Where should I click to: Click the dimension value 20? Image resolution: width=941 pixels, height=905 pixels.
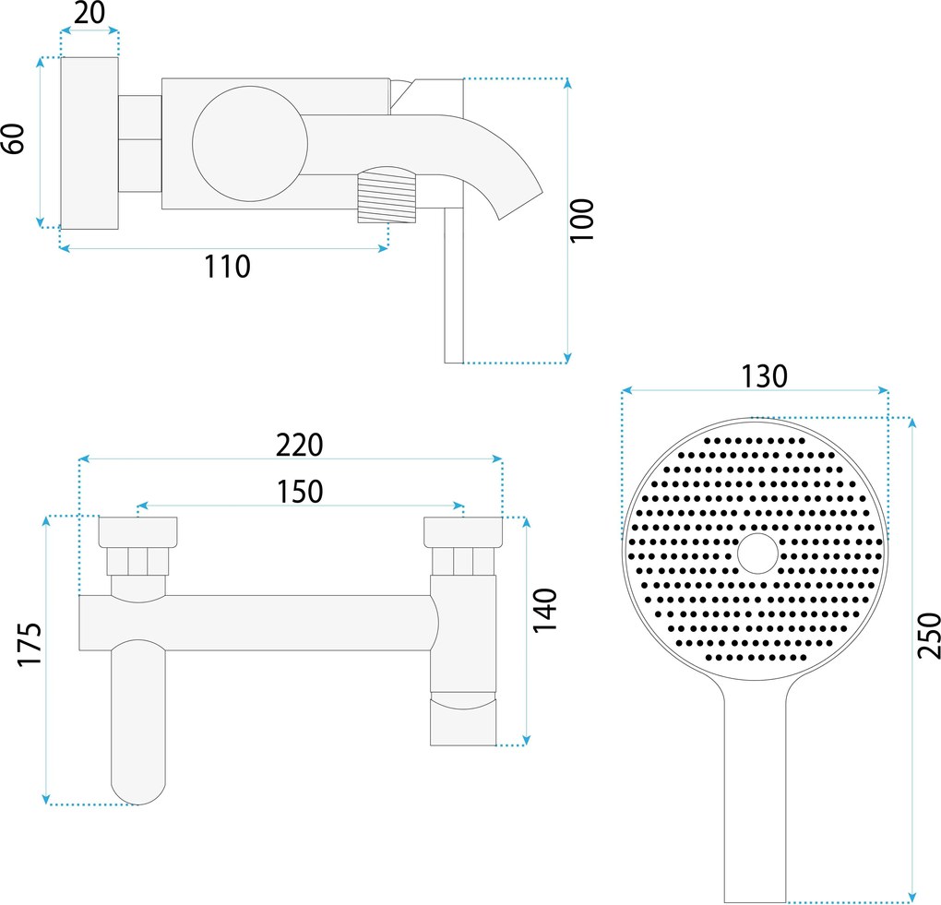[89, 13]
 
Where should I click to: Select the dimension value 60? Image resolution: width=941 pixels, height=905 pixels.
[13, 138]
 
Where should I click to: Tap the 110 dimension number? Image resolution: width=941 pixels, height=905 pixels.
[227, 267]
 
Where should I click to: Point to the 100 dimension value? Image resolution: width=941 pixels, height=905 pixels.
[581, 220]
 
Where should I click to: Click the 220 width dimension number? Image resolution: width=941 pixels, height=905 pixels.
[300, 446]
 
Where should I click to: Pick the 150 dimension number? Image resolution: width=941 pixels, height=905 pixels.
[300, 492]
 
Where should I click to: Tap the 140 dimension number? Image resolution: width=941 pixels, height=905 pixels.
[545, 611]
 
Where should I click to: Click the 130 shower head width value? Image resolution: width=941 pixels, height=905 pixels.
[764, 376]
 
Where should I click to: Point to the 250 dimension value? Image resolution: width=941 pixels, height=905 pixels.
[929, 636]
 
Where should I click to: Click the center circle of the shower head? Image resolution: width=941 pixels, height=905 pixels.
[757, 553]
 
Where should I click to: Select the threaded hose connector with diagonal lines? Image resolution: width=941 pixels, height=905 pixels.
[387, 196]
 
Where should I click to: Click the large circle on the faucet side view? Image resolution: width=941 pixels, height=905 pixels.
[250, 143]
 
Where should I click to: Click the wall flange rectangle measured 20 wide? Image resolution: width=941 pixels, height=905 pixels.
[89, 143]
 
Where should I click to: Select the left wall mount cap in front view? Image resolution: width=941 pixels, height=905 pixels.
[137, 531]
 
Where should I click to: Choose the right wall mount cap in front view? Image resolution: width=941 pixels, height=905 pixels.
[463, 532]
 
